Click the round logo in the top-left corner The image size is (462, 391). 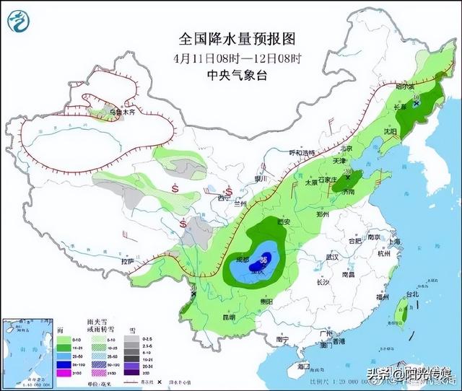coord(19,21)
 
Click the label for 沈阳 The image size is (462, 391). coord(391,133)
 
